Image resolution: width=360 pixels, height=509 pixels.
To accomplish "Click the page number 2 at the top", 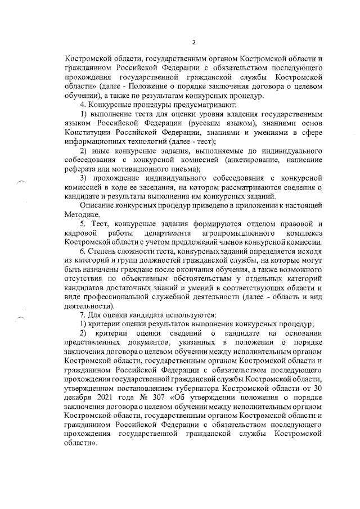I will pyautogui.click(x=193, y=42).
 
